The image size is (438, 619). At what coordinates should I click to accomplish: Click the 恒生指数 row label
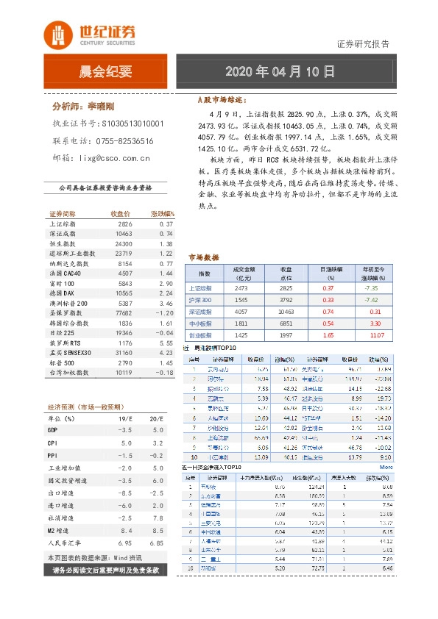click(63, 243)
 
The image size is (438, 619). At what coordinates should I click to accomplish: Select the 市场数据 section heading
click(204, 258)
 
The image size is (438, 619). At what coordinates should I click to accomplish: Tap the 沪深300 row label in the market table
click(200, 301)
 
